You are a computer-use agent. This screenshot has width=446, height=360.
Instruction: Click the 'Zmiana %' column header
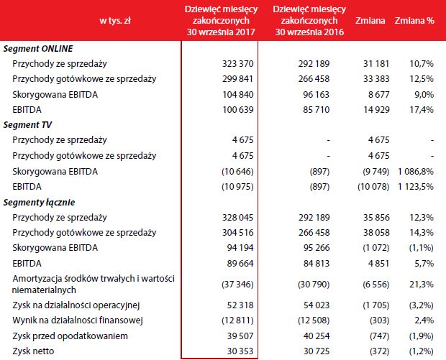pyautogui.click(x=414, y=20)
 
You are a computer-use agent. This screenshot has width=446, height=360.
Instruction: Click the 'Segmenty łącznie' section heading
pyautogui.click(x=39, y=202)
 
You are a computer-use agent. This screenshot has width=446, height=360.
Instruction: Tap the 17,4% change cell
pyautogui.click(x=422, y=109)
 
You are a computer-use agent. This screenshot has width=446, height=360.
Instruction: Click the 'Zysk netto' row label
pyautogui.click(x=34, y=351)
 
